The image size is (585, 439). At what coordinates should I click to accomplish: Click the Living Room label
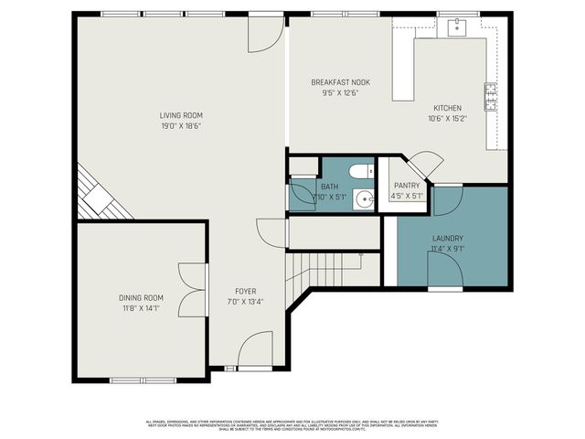[180, 115]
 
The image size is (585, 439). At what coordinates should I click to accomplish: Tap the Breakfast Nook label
[340, 81]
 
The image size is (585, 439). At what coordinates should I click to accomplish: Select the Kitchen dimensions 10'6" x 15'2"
[447, 118]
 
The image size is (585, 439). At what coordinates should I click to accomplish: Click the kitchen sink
[454, 27]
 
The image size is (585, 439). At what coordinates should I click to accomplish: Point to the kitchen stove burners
[490, 96]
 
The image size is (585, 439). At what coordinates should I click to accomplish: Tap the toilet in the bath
[360, 170]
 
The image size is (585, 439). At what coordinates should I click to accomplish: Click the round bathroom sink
[365, 198]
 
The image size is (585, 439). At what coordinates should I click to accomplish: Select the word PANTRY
[407, 185]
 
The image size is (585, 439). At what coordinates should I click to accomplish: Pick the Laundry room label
[447, 238]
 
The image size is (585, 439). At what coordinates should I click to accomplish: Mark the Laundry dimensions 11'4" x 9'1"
[447, 247]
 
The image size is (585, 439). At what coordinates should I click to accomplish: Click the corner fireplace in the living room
[97, 196]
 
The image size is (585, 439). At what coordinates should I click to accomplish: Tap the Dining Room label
[141, 297]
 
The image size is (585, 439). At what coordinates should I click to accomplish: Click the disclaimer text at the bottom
[292, 424]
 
